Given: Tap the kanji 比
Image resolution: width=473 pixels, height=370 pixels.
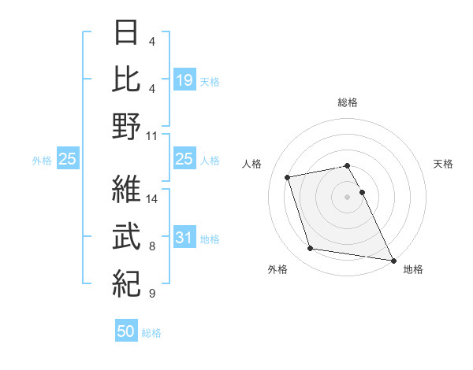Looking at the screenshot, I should (127, 79).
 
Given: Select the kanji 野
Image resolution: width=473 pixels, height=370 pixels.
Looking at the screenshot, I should (127, 125).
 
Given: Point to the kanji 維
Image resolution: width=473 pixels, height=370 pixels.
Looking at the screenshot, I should (127, 190).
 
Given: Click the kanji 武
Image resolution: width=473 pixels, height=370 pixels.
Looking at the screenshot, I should (127, 236).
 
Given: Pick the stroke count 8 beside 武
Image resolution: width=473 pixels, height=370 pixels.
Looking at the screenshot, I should (152, 246).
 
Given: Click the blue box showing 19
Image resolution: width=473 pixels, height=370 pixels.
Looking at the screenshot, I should (184, 80).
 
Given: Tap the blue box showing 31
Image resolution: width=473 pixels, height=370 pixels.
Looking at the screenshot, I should (184, 239).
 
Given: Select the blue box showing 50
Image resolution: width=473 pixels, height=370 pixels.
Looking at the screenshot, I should (126, 331).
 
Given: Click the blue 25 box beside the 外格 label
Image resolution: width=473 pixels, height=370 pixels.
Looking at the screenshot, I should (67, 159).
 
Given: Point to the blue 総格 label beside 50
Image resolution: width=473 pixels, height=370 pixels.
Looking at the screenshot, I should (151, 333).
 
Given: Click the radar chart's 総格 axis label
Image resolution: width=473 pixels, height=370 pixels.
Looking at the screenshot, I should (348, 102).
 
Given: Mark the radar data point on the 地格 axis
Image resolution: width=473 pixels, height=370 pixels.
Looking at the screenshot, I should (393, 260).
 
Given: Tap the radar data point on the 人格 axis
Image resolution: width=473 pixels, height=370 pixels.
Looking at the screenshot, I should (288, 176).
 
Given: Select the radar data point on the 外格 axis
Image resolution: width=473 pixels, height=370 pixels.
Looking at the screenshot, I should (310, 249).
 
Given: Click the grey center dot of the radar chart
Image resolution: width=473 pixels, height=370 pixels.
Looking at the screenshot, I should (348, 196).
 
